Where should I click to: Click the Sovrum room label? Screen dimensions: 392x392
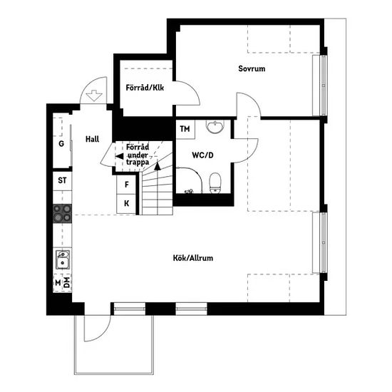(x=252, y=68)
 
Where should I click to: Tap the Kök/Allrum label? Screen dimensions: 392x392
(x=193, y=258)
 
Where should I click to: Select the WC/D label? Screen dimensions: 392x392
(x=202, y=155)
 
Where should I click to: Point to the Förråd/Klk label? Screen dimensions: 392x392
(x=145, y=88)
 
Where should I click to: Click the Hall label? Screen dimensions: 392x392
(x=92, y=139)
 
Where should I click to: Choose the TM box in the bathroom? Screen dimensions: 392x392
(x=185, y=129)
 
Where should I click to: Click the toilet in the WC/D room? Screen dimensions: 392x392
(x=215, y=183)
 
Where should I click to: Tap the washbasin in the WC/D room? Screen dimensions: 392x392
(x=215, y=126)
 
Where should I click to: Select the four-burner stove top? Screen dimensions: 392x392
(x=62, y=213)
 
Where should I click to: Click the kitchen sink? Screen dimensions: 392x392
(x=63, y=259)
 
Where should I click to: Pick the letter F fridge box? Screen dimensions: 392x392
(x=126, y=185)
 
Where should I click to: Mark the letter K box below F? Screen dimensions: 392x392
(x=126, y=204)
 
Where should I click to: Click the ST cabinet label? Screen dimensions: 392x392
(x=62, y=180)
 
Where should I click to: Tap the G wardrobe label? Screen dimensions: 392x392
(x=61, y=144)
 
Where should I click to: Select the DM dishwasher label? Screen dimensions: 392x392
(x=66, y=282)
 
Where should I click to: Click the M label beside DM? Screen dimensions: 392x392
(x=58, y=283)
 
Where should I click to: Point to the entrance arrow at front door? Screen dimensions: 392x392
(x=94, y=96)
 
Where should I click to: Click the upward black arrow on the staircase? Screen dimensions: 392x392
(x=158, y=166)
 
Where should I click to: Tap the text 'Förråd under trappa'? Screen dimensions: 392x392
(x=138, y=155)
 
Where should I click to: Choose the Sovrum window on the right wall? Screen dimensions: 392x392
(x=324, y=86)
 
